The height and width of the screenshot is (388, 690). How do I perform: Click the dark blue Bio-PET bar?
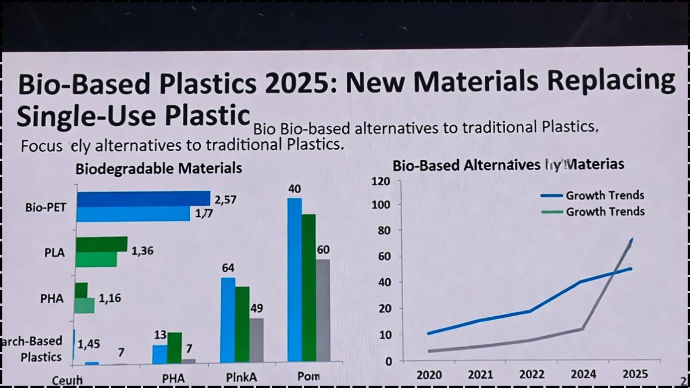point(144,199)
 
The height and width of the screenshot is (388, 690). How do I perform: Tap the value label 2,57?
point(226,199)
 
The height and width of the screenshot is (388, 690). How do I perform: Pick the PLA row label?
point(54,252)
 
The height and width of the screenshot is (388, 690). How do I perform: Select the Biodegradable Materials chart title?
point(159,169)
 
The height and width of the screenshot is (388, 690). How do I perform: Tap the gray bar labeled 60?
point(323,310)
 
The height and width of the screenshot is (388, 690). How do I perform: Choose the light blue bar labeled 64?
point(228,320)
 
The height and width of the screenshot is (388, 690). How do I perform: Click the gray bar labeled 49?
point(256,340)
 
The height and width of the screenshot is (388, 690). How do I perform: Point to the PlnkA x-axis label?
point(241,378)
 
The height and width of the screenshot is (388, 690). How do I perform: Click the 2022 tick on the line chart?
point(532,375)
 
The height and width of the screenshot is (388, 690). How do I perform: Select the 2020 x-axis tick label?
point(429,375)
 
